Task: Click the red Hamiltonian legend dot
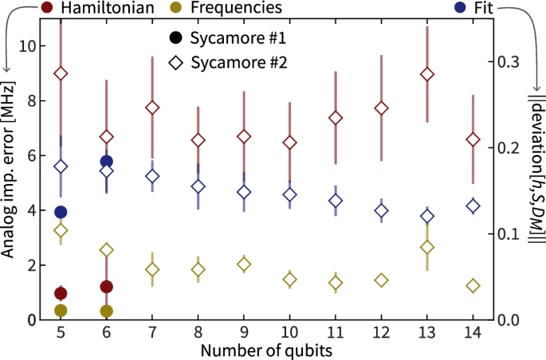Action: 26,9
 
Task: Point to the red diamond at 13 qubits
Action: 427,74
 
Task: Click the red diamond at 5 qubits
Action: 60,73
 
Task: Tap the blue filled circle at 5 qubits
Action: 60,212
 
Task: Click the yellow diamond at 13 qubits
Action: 427,247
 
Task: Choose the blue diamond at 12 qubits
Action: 381,211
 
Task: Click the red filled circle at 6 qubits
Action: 106,287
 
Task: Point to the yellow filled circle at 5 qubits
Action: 60,310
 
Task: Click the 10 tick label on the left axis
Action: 29,46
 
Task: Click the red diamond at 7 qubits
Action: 151,108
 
